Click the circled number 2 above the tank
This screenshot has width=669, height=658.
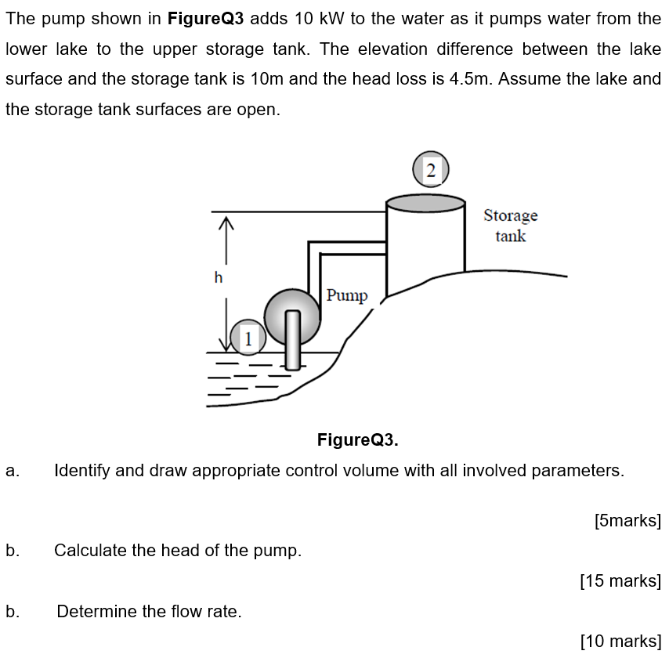[x=431, y=169]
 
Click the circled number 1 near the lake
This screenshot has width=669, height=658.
[x=248, y=338]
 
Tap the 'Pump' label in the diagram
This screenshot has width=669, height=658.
[x=347, y=295]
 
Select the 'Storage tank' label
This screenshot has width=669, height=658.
[x=511, y=226]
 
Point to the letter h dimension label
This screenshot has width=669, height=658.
[x=219, y=278]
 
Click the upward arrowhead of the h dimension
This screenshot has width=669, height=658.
[x=226, y=222]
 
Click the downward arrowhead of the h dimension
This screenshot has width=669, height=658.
[x=226, y=345]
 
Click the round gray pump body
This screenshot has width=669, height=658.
[x=292, y=316]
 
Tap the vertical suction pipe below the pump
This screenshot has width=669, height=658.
[x=293, y=340]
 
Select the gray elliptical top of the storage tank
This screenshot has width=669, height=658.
[x=425, y=203]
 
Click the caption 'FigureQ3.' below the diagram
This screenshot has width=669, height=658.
[x=357, y=439]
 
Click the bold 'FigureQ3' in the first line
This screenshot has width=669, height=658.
[x=206, y=19]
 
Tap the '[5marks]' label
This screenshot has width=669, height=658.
[x=628, y=521]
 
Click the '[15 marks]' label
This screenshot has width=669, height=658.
[x=620, y=580]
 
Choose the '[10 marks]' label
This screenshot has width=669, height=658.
[x=620, y=641]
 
